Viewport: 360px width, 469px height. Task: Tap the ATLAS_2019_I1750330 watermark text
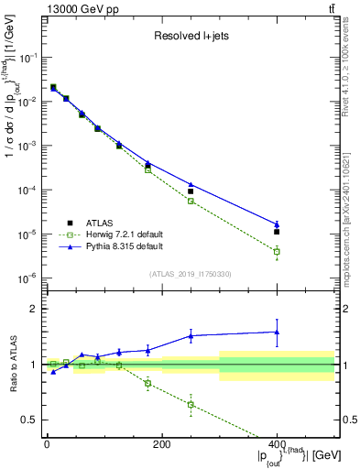click(191, 274)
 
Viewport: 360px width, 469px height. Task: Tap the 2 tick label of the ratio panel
click(32, 309)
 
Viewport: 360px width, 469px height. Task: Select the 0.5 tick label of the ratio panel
click(28, 420)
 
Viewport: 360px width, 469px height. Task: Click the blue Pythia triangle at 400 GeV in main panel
click(277, 224)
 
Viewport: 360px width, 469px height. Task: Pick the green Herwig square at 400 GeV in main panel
click(277, 251)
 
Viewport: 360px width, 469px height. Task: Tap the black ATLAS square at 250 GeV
click(191, 191)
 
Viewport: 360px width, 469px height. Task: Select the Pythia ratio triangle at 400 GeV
click(277, 332)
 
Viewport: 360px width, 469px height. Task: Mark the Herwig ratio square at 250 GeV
click(191, 404)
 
